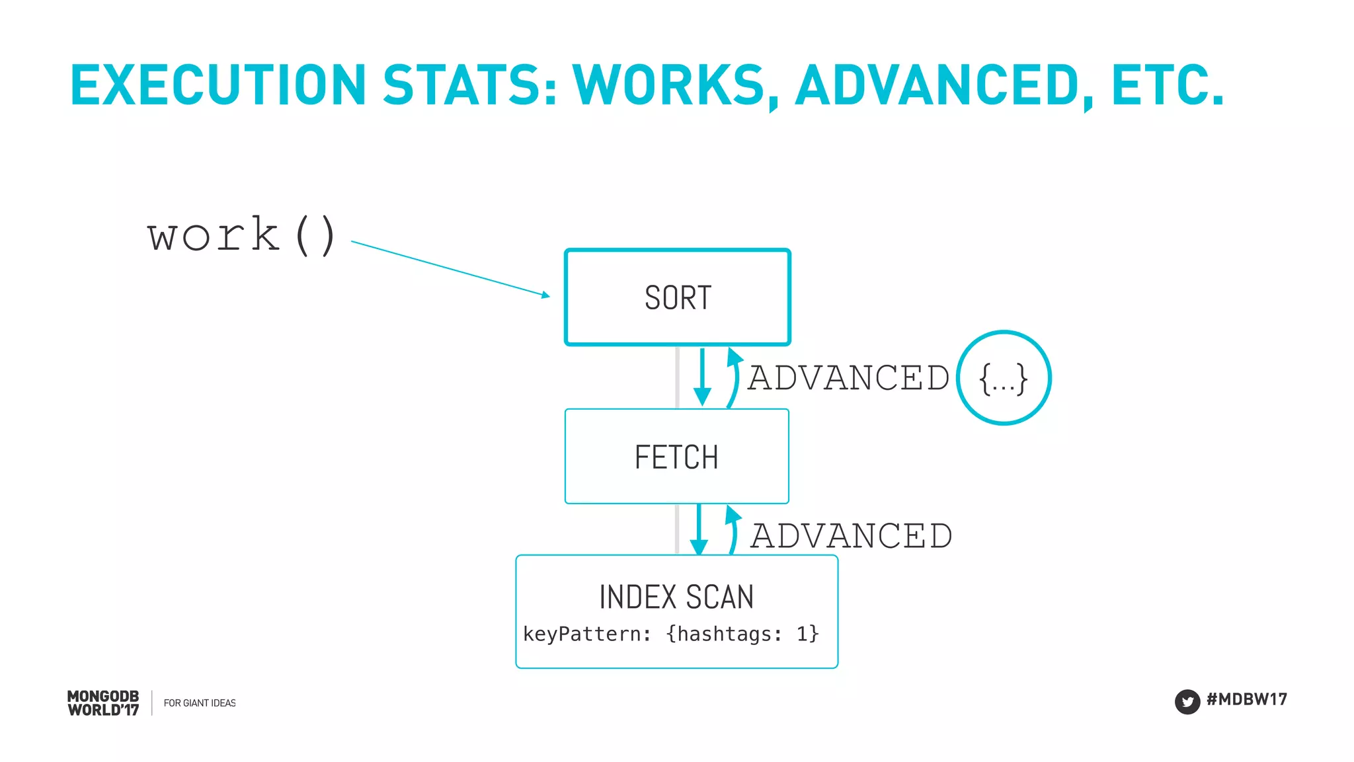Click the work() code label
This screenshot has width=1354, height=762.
click(x=241, y=235)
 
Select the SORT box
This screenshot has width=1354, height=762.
click(x=677, y=297)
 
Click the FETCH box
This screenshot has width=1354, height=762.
click(x=676, y=457)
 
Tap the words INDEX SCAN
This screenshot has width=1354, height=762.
click(x=676, y=597)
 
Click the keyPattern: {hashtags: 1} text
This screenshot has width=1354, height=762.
click(x=670, y=634)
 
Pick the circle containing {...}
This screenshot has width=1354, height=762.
click(x=1004, y=378)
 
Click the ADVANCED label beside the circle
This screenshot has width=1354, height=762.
click(x=848, y=378)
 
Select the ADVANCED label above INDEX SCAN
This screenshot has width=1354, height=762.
click(x=851, y=536)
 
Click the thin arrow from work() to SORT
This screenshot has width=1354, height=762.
click(x=450, y=268)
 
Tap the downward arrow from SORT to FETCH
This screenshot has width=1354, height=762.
click(x=702, y=377)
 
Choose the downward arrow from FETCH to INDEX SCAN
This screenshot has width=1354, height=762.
click(x=699, y=529)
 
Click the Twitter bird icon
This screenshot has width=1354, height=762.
click(x=1187, y=702)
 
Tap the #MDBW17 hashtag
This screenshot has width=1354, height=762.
click(x=1246, y=699)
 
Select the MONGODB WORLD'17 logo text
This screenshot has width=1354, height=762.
click(x=103, y=703)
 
